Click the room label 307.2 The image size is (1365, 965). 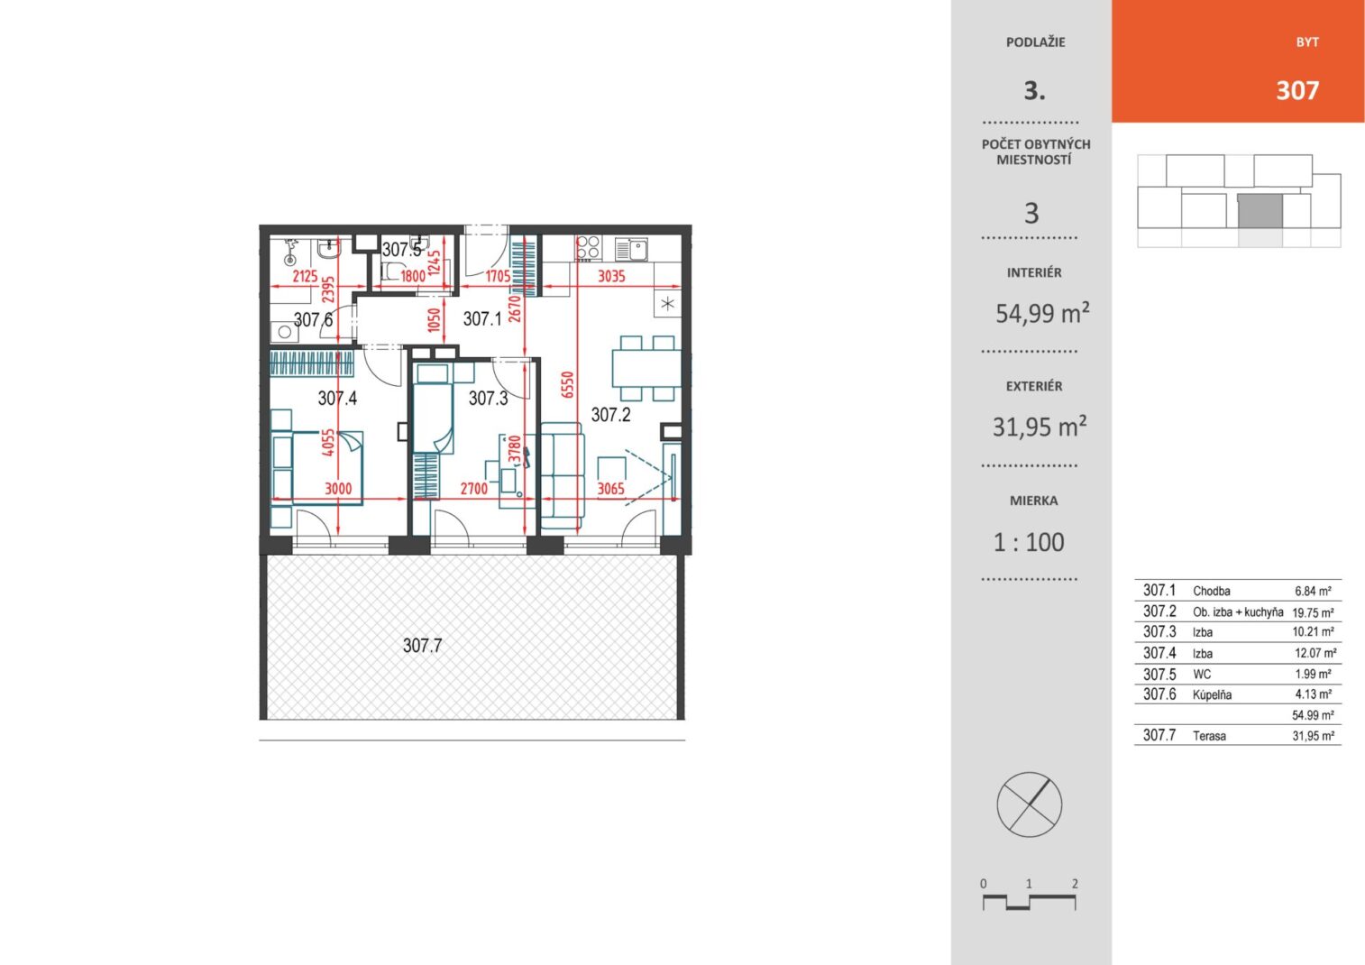click(x=610, y=415)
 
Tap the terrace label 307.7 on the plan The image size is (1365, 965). click(x=422, y=646)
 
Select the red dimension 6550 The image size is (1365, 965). click(x=568, y=385)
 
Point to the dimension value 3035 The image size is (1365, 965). click(x=611, y=276)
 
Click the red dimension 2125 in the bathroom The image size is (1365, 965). click(x=305, y=276)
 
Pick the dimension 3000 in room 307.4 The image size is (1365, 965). click(x=338, y=488)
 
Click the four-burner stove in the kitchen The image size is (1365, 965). click(x=589, y=248)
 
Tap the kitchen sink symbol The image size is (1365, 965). click(x=631, y=249)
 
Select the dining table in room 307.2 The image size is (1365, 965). click(x=646, y=368)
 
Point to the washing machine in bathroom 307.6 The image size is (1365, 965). click(x=284, y=332)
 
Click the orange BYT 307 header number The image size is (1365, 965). click(x=1297, y=91)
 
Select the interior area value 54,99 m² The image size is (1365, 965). click(x=1042, y=312)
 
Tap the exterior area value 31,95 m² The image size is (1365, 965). click(x=1040, y=426)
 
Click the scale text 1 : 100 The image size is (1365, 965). click(x=1029, y=542)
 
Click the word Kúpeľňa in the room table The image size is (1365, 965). click(x=1212, y=695)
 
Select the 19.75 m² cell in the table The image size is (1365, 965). click(x=1313, y=612)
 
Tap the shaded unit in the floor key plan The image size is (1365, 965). click(x=1260, y=212)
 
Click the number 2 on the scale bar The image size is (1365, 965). click(x=1075, y=883)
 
